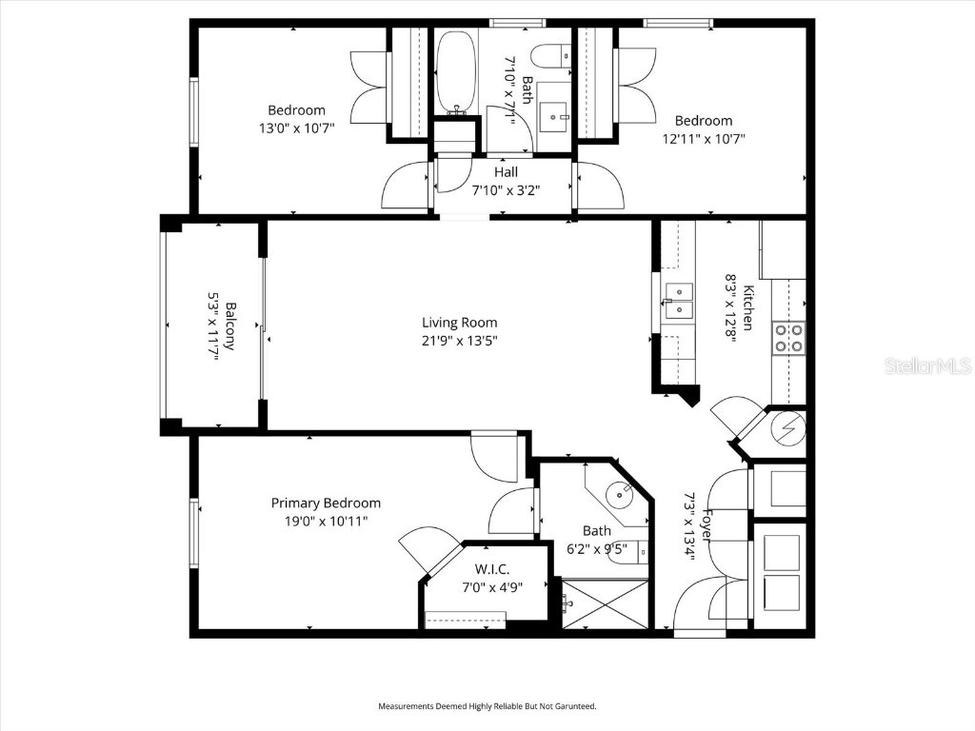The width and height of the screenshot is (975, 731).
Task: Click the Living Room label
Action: pyautogui.click(x=459, y=323)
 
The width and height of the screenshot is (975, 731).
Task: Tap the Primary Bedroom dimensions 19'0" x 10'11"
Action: pyautogui.click(x=326, y=521)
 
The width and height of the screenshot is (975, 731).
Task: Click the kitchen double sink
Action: pyautogui.click(x=678, y=299)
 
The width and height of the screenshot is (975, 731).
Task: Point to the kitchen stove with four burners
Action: pyautogui.click(x=788, y=338)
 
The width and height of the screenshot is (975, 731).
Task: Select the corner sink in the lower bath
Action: pyautogui.click(x=622, y=493)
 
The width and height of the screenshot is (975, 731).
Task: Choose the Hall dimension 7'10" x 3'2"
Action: pyautogui.click(x=506, y=189)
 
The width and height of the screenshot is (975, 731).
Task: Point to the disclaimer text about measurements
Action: pyautogui.click(x=487, y=706)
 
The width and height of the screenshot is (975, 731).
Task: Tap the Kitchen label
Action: pyautogui.click(x=749, y=308)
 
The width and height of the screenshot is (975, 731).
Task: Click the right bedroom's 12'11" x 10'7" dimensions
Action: pyautogui.click(x=704, y=138)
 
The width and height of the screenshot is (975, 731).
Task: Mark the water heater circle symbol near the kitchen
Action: pyautogui.click(x=787, y=429)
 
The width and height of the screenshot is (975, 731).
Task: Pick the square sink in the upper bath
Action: pyautogui.click(x=552, y=116)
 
